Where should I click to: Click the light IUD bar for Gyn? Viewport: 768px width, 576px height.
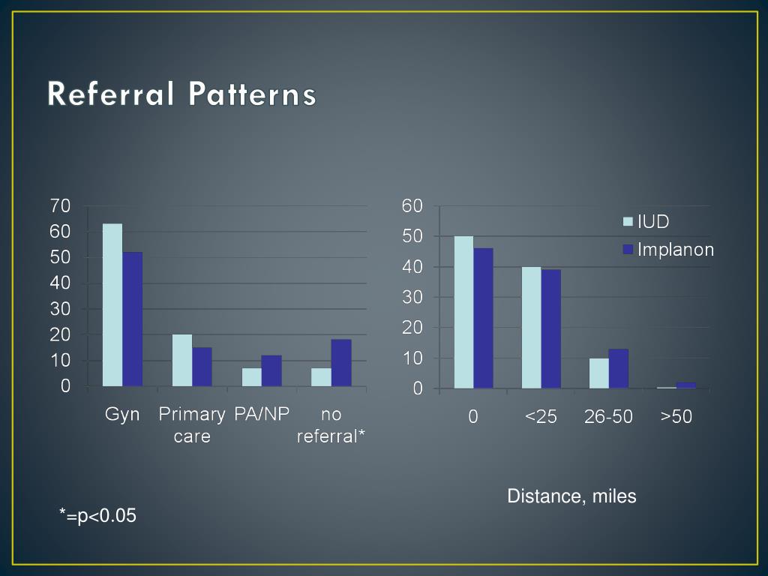(x=112, y=305)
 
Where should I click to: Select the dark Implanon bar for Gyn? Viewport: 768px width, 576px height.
(x=133, y=319)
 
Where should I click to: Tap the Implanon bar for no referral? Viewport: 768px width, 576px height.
(x=341, y=363)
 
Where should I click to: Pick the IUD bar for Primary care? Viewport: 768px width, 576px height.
(x=182, y=361)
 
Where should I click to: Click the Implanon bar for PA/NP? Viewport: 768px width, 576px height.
(x=271, y=371)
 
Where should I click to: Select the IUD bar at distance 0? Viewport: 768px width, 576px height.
(x=463, y=312)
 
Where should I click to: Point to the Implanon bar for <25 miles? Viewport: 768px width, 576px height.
(x=551, y=328)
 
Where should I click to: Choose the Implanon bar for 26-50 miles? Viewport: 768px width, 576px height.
(x=619, y=368)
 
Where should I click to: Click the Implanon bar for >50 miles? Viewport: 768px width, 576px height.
(x=686, y=385)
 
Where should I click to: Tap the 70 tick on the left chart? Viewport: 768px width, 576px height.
(x=60, y=205)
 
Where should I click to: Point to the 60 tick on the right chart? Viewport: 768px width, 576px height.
(x=412, y=205)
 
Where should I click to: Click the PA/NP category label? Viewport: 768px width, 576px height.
(x=262, y=414)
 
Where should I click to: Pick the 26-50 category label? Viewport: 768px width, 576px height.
(x=608, y=417)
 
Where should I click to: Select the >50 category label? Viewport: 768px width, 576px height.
(x=676, y=417)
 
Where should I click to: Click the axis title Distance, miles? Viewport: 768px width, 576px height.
(x=571, y=496)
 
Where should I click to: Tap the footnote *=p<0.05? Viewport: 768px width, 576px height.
(x=98, y=515)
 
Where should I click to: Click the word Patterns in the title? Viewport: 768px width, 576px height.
(x=252, y=95)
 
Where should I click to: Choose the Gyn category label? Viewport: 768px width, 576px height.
(x=122, y=414)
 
